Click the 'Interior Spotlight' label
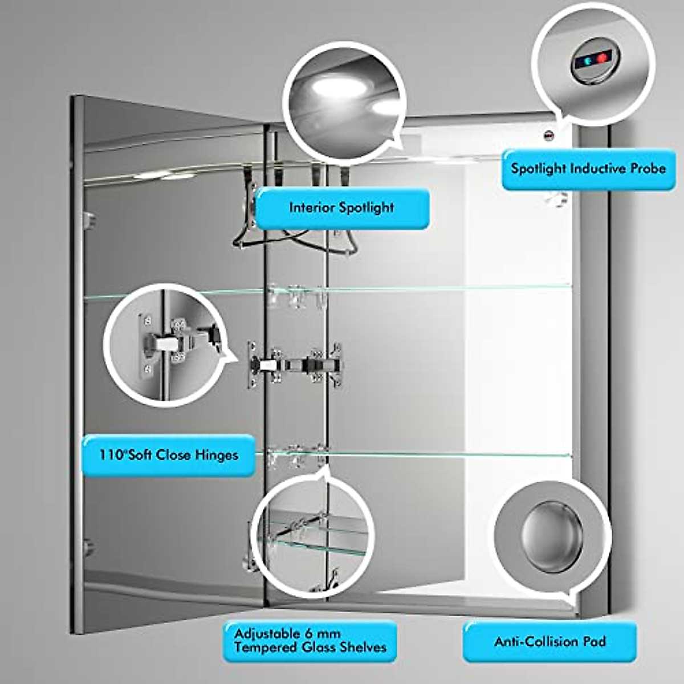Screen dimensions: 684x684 (x=341, y=208)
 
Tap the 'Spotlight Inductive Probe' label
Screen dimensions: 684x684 (x=588, y=169)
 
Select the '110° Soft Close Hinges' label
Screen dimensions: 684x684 (x=168, y=455)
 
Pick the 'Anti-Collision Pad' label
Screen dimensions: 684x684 (x=549, y=641)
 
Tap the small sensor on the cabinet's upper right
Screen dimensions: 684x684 (x=549, y=136)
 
